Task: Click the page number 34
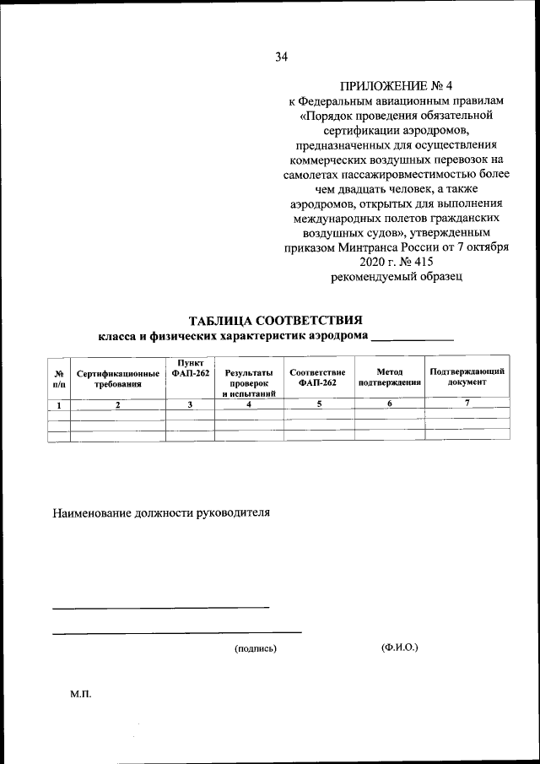(281, 57)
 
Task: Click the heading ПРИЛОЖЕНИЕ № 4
(396, 85)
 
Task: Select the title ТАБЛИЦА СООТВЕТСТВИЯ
(276, 321)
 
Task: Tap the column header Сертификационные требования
(118, 378)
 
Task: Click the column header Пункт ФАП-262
(190, 369)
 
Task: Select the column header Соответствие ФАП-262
(317, 377)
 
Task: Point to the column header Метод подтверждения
(389, 377)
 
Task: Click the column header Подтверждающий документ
(467, 377)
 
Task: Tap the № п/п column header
(59, 378)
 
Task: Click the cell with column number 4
(249, 405)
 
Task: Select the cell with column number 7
(467, 404)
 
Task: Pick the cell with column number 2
(118, 405)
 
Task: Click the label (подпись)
(256, 648)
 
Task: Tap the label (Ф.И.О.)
(400, 648)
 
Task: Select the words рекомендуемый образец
(396, 276)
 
